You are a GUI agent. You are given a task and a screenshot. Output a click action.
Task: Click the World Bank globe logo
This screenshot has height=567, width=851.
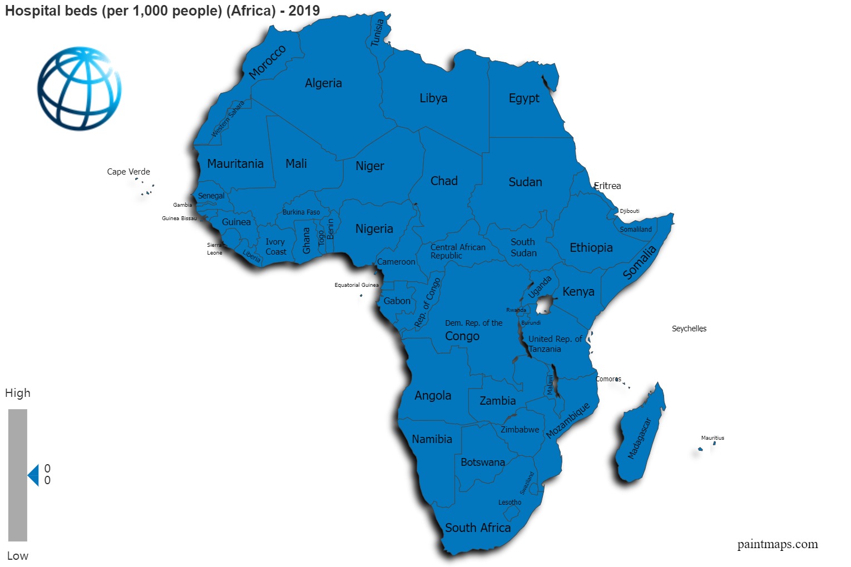(x=79, y=88)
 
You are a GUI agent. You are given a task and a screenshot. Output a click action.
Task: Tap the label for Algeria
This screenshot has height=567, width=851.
(x=323, y=83)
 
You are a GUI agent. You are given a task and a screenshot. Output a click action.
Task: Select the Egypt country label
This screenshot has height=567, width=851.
(x=523, y=98)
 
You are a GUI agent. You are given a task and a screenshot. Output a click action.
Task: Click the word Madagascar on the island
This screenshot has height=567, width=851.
(x=639, y=439)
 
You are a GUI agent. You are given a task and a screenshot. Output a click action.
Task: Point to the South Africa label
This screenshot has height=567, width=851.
(x=477, y=528)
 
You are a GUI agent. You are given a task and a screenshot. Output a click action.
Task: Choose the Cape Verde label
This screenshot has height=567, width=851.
(x=128, y=172)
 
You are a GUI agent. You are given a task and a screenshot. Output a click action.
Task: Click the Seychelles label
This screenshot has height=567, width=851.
(x=689, y=329)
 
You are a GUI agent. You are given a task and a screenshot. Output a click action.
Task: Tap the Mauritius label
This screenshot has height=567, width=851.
(x=713, y=438)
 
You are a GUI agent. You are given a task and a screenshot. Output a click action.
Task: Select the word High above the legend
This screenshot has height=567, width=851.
(x=18, y=393)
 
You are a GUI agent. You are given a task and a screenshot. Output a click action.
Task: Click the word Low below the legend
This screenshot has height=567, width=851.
(x=18, y=556)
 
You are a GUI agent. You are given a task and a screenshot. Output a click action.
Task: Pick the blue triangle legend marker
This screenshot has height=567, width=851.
(x=33, y=475)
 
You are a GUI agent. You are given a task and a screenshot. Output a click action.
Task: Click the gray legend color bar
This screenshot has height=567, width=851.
(x=18, y=475)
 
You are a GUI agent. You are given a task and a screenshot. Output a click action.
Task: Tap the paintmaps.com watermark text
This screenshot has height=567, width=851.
(x=777, y=544)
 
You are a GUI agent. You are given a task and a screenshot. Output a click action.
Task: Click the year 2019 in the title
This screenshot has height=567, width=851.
(x=304, y=11)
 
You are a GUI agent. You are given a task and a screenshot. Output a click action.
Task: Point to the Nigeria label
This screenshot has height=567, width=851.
(x=374, y=229)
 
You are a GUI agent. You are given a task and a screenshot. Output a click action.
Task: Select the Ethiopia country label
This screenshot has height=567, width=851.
(x=591, y=248)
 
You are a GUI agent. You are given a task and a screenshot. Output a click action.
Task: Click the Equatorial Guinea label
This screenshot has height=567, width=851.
(x=356, y=285)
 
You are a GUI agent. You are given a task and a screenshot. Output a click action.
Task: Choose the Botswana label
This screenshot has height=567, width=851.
(x=482, y=462)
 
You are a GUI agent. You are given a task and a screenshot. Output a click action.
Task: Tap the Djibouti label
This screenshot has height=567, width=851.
(x=630, y=211)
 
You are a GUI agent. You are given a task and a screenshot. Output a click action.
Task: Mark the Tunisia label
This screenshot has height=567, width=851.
(x=378, y=33)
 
